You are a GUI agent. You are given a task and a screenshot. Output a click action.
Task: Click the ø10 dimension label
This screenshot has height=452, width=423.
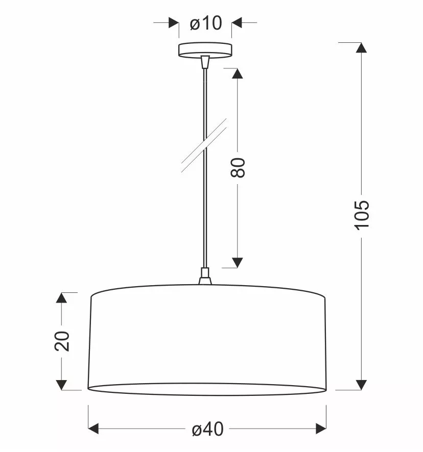point(206,23)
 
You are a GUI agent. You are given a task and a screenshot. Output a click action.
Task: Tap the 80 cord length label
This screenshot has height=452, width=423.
point(238,167)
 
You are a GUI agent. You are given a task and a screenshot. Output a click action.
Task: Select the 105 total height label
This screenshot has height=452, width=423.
point(362,215)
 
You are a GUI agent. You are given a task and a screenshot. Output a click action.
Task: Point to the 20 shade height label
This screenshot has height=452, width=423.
point(62,341)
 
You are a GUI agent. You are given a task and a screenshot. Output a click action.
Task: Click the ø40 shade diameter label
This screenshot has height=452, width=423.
point(207,429)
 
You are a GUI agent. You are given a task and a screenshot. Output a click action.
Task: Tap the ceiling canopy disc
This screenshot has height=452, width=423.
point(205,50)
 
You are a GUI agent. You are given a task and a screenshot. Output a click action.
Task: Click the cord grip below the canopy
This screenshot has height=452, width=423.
point(205,62)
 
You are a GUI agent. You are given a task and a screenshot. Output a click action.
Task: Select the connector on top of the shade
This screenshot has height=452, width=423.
point(205,276)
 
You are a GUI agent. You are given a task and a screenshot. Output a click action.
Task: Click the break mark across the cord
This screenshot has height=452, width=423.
point(204,145)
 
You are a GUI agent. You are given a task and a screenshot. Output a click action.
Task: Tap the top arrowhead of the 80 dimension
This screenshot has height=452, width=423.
point(238,73)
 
